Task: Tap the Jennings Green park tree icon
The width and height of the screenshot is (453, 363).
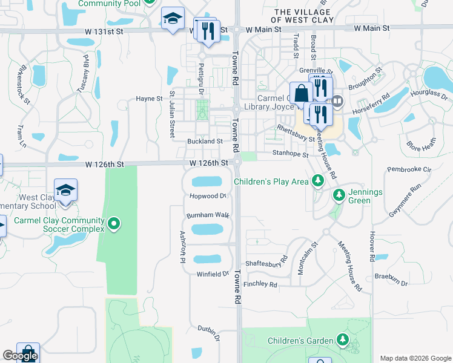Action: pyautogui.click(x=339, y=194)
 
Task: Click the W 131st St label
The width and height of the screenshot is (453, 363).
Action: pyautogui.click(x=206, y=29)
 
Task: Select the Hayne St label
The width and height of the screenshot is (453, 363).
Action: pyautogui.click(x=149, y=98)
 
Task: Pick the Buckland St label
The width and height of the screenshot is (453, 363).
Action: pyautogui.click(x=205, y=141)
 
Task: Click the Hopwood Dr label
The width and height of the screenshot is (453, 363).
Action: pyautogui.click(x=207, y=195)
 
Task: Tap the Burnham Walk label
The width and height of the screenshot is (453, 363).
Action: pyautogui.click(x=208, y=215)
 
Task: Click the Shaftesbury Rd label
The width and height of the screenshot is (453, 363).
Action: pyautogui.click(x=266, y=264)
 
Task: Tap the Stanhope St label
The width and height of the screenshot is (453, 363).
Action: pyautogui.click(x=290, y=154)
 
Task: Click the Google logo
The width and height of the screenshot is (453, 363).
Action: pyautogui.click(x=20, y=355)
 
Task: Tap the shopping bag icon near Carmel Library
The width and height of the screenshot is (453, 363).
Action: pyautogui.click(x=301, y=93)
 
